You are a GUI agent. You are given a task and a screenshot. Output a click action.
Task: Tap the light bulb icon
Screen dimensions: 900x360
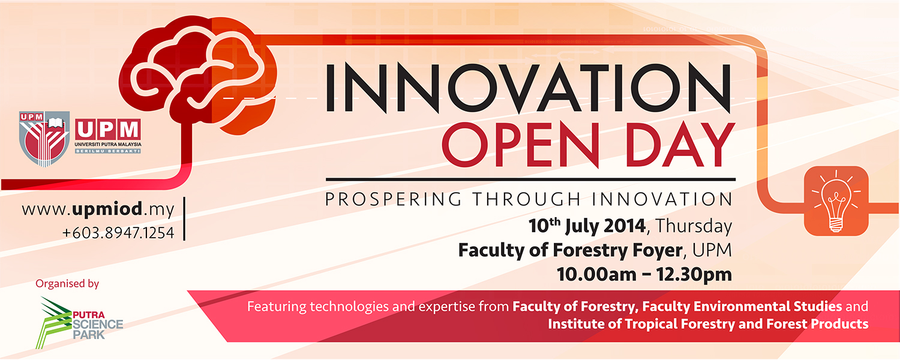(836, 201)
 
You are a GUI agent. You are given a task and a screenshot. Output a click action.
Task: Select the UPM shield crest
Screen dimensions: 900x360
(44, 139)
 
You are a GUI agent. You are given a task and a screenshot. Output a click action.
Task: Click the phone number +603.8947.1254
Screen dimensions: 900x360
(118, 233)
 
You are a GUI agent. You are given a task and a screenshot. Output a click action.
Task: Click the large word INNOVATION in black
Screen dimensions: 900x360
(528, 88)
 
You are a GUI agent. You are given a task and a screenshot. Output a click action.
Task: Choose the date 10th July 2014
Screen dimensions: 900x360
(587, 226)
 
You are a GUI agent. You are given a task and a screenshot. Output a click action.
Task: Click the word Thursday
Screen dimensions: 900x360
(694, 226)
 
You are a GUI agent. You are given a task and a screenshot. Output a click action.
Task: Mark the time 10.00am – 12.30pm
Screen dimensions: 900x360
(644, 274)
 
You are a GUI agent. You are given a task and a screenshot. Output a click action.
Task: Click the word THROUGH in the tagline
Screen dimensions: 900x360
(527, 199)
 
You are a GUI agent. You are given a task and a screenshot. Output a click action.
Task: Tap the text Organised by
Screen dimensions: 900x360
(67, 284)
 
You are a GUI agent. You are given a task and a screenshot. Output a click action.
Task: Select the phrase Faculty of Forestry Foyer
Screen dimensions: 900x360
(570, 250)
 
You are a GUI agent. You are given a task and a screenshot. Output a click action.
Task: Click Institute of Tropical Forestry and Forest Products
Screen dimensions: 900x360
(708, 324)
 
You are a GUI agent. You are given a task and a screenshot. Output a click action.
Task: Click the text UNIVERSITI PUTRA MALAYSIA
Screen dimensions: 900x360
(108, 144)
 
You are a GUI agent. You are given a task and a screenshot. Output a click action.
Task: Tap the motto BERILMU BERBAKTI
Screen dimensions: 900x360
(108, 151)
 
